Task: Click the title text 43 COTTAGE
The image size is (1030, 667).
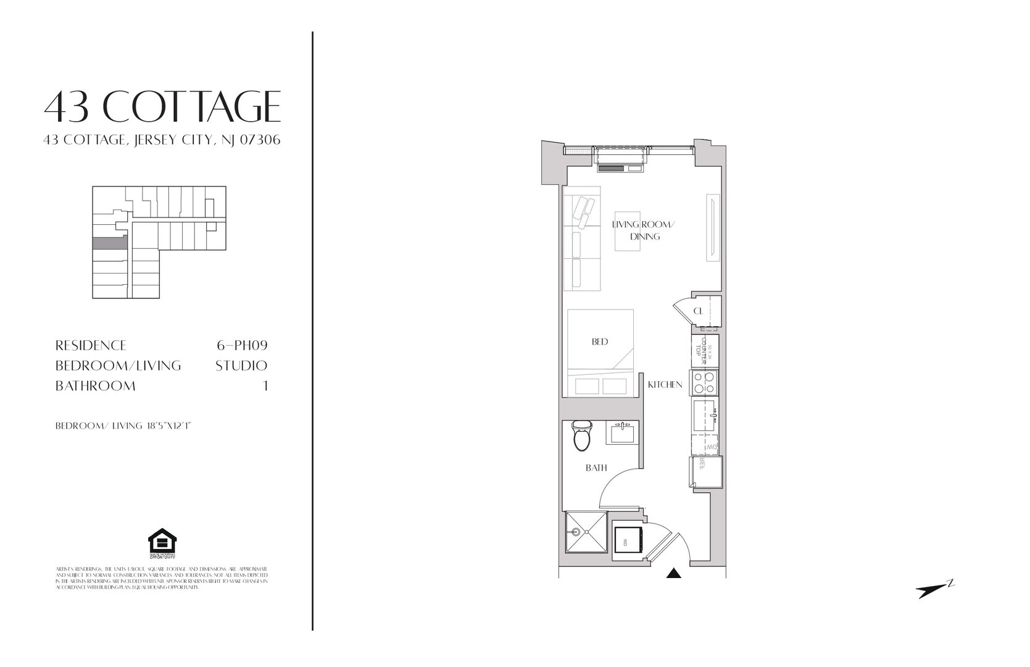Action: tap(162, 106)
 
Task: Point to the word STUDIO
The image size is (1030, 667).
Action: tap(241, 366)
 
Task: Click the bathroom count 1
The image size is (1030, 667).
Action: tap(266, 386)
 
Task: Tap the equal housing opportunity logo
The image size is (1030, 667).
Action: tap(162, 542)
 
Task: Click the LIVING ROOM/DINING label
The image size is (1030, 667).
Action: tap(644, 230)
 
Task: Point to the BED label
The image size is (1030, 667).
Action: tap(600, 342)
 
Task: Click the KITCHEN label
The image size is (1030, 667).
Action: tap(665, 385)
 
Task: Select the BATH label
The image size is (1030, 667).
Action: tap(596, 468)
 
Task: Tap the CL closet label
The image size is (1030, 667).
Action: tap(698, 311)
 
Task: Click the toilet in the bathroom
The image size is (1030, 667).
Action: tap(581, 436)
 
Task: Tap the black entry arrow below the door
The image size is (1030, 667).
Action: tap(673, 574)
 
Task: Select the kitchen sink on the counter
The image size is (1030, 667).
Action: tap(705, 416)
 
